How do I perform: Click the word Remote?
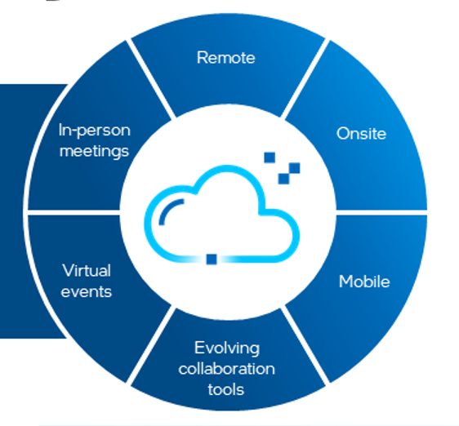(x=225, y=58)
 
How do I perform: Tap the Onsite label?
(x=361, y=133)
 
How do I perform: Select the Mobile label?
(x=364, y=282)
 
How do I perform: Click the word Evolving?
(x=227, y=348)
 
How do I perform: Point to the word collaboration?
(x=226, y=369)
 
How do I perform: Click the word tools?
(x=225, y=389)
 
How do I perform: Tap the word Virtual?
(x=87, y=270)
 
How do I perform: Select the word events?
(x=87, y=291)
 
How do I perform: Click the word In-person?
(x=94, y=131)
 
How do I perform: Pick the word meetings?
(x=94, y=152)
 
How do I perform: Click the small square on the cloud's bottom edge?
(x=212, y=260)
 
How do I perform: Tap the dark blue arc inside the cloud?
(x=167, y=209)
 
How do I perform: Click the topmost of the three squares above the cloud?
(x=270, y=158)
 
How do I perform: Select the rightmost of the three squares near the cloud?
(x=295, y=168)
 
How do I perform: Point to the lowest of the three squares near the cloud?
(x=283, y=179)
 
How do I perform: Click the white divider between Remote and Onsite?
(x=305, y=78)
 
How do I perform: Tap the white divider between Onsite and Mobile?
(x=381, y=212)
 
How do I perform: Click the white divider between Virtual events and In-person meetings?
(x=74, y=212)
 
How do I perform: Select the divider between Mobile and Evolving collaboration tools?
(x=305, y=346)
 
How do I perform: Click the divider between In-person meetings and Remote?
(x=151, y=78)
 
